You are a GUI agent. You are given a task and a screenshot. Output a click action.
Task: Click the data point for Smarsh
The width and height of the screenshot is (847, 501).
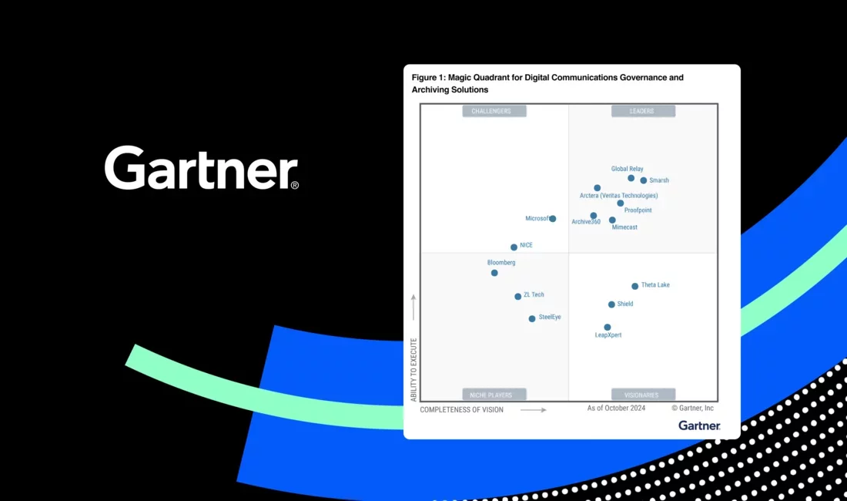tap(644, 180)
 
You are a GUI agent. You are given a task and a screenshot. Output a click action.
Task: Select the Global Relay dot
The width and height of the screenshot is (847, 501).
tap(631, 178)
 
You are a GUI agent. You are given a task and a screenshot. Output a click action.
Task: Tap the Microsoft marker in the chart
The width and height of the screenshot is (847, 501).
tap(553, 219)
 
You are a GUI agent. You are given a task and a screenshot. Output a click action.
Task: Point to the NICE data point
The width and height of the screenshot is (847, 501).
tap(514, 247)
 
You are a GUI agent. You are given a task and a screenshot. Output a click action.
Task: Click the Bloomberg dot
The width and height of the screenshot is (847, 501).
tap(494, 273)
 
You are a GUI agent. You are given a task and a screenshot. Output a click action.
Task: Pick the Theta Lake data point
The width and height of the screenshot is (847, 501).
tap(634, 286)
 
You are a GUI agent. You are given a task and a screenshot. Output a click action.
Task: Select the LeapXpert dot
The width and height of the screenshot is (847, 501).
tap(608, 327)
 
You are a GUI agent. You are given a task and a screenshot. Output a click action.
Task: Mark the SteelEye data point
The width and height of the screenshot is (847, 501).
tap(532, 319)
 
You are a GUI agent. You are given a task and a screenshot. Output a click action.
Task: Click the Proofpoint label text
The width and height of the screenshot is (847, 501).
tap(638, 210)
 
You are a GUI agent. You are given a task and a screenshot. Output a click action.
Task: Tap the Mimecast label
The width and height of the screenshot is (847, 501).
tap(624, 227)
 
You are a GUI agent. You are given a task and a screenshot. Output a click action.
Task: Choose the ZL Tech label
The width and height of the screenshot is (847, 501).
tap(534, 294)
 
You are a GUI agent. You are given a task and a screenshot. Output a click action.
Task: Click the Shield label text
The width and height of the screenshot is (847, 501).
tap(625, 304)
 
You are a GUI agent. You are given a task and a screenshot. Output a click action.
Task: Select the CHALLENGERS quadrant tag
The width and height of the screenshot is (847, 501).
tap(494, 111)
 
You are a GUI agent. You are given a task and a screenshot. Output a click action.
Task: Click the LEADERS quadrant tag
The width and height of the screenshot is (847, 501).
tap(644, 111)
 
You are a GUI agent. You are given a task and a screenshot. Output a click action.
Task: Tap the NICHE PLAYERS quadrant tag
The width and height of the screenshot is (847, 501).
tap(494, 395)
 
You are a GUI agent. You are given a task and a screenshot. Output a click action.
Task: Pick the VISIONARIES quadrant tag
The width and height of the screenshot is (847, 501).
tap(644, 395)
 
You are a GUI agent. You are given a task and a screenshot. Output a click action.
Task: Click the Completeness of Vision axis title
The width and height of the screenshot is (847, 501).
tap(461, 409)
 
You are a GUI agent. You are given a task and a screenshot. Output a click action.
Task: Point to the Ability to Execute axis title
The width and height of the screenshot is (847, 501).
tap(413, 370)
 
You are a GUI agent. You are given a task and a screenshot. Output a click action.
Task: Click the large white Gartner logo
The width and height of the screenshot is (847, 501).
tap(202, 167)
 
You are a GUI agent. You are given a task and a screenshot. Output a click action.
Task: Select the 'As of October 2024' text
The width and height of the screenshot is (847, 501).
tap(616, 408)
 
